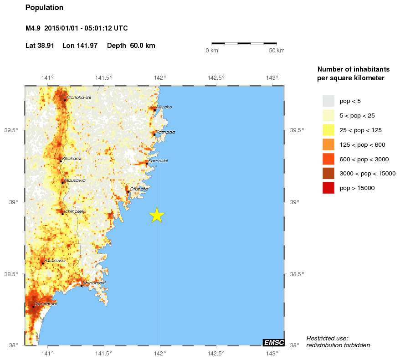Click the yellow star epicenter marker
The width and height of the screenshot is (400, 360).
(x=157, y=215)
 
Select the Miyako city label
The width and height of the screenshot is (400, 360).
(x=164, y=107)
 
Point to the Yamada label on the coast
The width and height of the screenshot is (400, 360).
(x=165, y=132)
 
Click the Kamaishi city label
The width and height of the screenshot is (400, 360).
(x=158, y=161)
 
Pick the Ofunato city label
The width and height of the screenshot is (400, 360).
(x=138, y=189)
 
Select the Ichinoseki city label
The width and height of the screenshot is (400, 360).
(x=74, y=211)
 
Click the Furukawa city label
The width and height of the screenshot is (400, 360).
(x=55, y=261)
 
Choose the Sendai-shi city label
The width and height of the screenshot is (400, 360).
(x=46, y=303)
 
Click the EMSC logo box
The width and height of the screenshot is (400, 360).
(x=274, y=343)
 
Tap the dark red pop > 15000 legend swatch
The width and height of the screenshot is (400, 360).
(x=328, y=188)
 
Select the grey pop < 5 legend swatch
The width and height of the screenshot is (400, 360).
(x=328, y=101)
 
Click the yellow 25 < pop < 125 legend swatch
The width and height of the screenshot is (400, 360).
(x=328, y=130)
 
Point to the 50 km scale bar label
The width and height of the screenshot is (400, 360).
(x=277, y=50)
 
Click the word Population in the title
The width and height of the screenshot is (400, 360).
(x=44, y=8)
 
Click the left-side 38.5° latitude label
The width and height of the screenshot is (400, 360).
(x=11, y=274)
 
